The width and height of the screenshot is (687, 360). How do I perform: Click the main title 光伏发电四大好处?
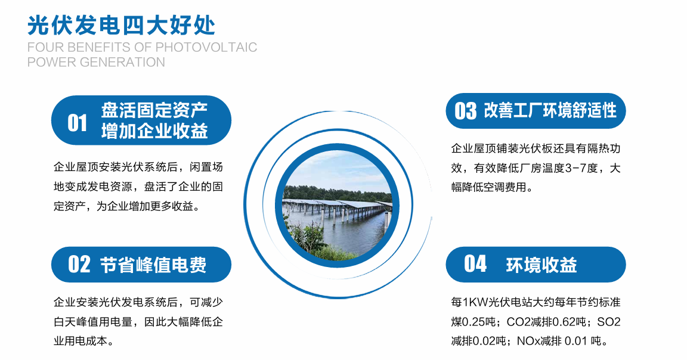tap(122, 24)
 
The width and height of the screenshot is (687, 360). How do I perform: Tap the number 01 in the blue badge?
tap(78, 123)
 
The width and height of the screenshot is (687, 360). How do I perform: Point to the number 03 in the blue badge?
tap(466, 111)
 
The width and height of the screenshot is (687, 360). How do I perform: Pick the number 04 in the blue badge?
tap(475, 264)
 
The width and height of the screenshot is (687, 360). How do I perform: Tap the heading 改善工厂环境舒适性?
tap(550, 111)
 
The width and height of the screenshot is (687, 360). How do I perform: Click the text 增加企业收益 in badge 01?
tap(154, 131)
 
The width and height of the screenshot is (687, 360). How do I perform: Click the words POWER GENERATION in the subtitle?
tap(96, 62)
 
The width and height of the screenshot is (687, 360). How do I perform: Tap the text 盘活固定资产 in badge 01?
tap(154, 111)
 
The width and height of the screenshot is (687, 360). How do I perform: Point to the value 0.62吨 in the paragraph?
tap(561, 322)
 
